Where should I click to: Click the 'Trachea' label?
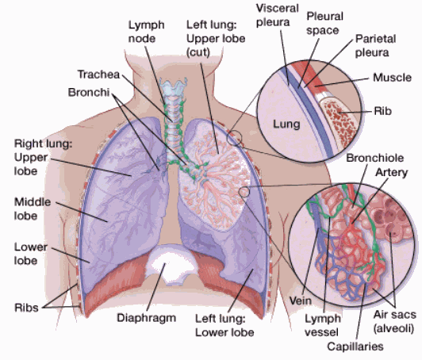[x=98, y=75]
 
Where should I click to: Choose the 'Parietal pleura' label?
[x=372, y=45]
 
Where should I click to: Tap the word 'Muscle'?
[x=392, y=78]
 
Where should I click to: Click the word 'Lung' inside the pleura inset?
[x=287, y=124]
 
